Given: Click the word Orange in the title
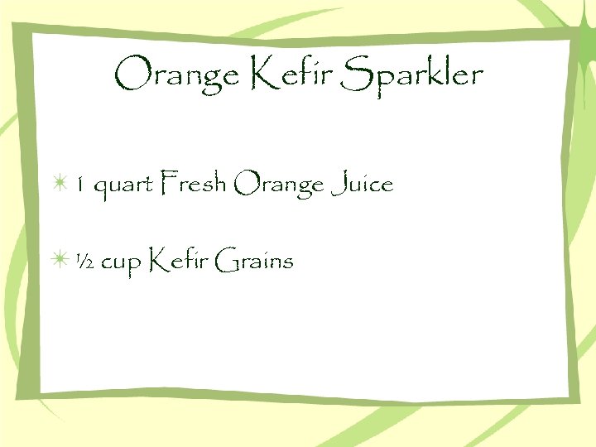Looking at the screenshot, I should click(176, 77).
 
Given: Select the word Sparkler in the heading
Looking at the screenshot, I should click(412, 77).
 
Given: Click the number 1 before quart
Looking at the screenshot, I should click(80, 185).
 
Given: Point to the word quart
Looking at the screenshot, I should click(123, 186).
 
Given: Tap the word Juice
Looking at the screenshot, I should click(362, 184).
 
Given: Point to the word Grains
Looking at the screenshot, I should click(253, 262).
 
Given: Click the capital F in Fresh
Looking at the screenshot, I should click(168, 183).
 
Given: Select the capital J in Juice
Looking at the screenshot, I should click(337, 184).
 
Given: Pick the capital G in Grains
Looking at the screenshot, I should click(223, 262).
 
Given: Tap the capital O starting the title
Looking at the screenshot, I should click(130, 75).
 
